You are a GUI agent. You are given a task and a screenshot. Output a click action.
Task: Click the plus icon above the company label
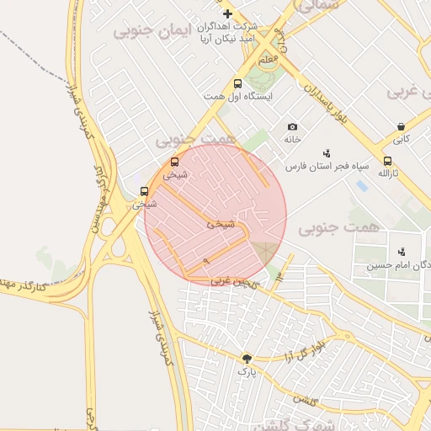click(x=227, y=13)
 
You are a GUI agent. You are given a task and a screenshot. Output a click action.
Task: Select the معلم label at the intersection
click(x=267, y=61)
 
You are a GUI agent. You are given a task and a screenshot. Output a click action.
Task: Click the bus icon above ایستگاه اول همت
click(x=238, y=84)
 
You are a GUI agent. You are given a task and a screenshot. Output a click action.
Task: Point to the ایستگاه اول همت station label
click(x=237, y=98)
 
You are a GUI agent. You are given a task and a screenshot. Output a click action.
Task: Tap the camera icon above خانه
click(x=292, y=126)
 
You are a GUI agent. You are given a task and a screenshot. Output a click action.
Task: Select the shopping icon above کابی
click(x=402, y=127)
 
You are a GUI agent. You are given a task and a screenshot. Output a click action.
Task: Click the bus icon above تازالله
click(x=387, y=161)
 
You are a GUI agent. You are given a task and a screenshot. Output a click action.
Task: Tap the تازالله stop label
click(x=386, y=173)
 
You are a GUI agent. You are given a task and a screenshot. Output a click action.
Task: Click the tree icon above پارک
click(x=247, y=358)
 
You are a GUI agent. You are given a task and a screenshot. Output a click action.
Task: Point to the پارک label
click(x=246, y=370)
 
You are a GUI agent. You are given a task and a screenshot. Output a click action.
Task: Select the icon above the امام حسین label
click(x=402, y=251)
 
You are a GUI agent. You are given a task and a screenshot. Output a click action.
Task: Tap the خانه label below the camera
click(x=292, y=139)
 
